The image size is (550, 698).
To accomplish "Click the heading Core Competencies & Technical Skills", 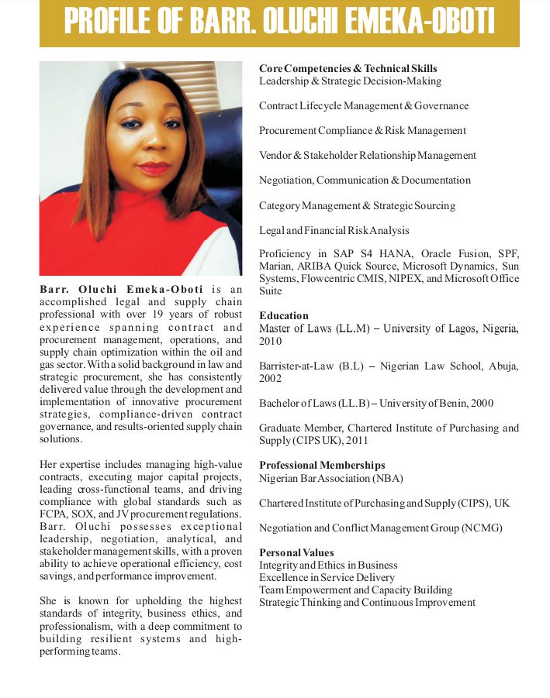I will click(348, 69).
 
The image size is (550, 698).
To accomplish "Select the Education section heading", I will click(283, 315).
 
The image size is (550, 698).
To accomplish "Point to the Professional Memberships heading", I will click(322, 465).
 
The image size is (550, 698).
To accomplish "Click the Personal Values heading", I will click(296, 552).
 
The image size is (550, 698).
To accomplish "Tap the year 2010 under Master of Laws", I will click(272, 341).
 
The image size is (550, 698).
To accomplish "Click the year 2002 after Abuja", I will click(272, 379).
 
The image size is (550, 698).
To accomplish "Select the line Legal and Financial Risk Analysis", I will click(334, 230).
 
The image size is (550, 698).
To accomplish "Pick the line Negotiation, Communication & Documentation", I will click(365, 181).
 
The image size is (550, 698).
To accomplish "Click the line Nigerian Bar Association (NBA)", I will click(331, 478).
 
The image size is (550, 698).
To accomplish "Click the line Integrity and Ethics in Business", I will click(328, 565).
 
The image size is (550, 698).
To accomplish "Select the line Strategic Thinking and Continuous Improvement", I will click(367, 602).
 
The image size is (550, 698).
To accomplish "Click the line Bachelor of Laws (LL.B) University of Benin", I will click(375, 404).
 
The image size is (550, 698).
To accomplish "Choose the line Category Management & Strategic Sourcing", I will click(357, 205).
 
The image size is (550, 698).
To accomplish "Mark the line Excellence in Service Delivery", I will click(327, 577).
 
